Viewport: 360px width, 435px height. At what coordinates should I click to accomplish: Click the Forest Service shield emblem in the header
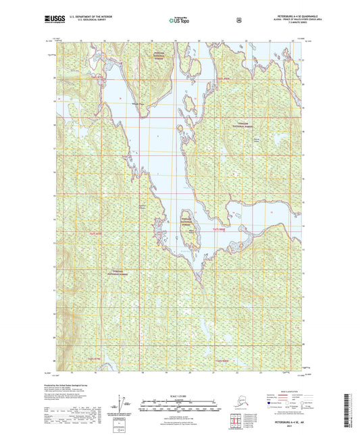pos(238,20)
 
